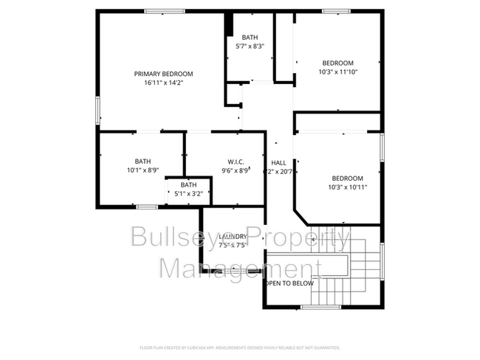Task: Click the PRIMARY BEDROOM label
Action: tap(163, 74)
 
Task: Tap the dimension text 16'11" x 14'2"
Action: tap(163, 83)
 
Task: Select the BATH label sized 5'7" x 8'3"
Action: tap(250, 37)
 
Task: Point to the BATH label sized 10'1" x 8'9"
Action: tap(142, 161)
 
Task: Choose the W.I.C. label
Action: tap(235, 161)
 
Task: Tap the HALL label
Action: tap(278, 163)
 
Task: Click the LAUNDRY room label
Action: tap(233, 237)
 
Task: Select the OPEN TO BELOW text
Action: tap(289, 283)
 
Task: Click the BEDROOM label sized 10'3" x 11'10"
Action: tap(337, 63)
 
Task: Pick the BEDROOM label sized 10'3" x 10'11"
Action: tap(347, 178)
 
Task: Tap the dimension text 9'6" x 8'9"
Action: tap(236, 170)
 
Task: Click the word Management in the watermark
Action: tap(240, 268)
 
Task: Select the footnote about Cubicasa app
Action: tap(239, 347)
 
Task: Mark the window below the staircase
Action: tap(320, 306)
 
